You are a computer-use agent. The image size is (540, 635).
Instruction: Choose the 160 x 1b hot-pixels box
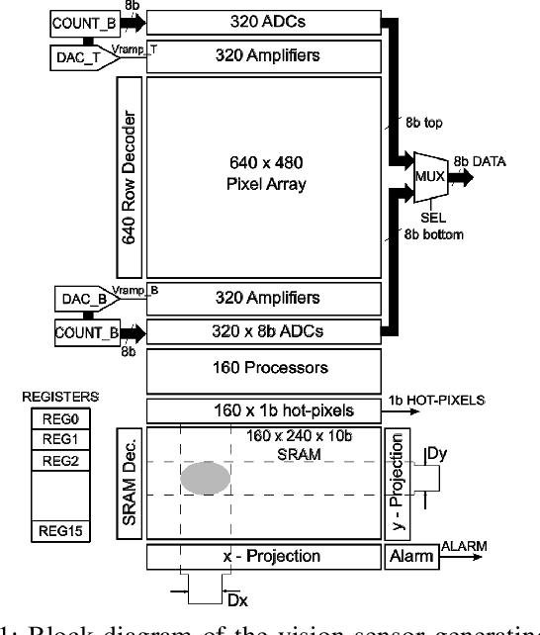(x=264, y=408)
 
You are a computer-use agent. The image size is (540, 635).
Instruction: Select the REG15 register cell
(x=55, y=531)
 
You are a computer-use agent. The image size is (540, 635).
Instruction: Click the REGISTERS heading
(x=54, y=399)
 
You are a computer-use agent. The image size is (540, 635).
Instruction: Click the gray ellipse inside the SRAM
(x=205, y=479)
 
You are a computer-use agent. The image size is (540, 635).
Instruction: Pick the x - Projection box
(x=264, y=557)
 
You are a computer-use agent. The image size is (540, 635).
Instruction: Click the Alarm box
(x=410, y=557)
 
